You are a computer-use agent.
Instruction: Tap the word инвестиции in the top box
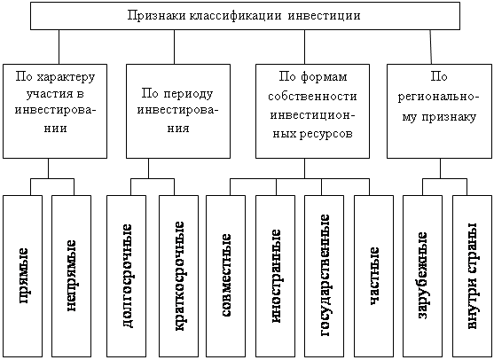point(325,16)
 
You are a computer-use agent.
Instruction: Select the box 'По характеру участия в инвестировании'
point(55,111)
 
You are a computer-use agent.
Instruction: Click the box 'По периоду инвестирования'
point(178,111)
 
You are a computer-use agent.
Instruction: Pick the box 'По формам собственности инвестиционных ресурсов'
point(312,111)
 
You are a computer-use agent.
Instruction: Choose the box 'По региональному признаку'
point(439,111)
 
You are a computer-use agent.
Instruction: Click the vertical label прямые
point(24,276)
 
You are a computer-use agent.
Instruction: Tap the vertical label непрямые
point(71,276)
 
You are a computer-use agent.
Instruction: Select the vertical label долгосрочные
point(127,276)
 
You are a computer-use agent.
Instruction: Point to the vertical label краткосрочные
point(178,276)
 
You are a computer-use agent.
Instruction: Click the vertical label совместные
point(225,275)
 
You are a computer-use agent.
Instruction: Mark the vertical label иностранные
point(275,276)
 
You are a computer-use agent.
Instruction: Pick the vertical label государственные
point(325,275)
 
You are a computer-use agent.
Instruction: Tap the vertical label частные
point(374,276)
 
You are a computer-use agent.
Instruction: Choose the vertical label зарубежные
point(422,276)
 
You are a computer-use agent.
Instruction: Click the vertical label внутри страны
point(472,276)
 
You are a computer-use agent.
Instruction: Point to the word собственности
point(312,96)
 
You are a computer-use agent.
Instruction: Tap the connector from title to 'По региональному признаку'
point(430,47)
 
